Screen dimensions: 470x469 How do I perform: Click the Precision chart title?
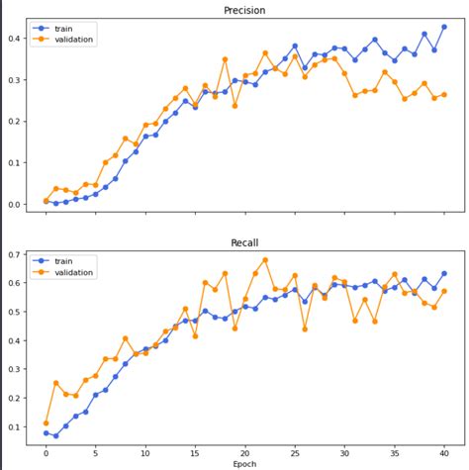244,12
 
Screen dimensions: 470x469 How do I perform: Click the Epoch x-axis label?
244,463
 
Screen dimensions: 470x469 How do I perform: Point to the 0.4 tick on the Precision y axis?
14,39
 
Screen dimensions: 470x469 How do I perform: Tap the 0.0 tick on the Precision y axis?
14,204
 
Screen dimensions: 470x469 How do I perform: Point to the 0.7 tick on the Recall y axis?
14,255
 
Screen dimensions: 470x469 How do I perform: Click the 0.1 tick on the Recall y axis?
14,427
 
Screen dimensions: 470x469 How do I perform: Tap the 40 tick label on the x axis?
444,449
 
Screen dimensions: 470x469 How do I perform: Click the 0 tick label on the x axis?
46,449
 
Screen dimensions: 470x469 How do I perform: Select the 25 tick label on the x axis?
295,449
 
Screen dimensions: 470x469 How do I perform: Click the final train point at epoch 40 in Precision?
444,27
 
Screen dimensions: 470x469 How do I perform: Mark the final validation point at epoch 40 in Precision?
444,95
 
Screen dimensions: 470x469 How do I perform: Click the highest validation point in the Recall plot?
265,260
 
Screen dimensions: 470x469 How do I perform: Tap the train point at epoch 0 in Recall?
46,432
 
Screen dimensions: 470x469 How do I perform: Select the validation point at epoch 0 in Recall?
46,423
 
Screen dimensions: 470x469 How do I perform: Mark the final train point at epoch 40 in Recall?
444,273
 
